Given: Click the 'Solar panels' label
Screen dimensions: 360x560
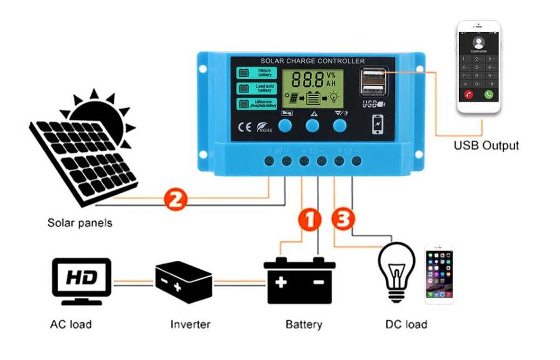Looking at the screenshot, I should [80, 223].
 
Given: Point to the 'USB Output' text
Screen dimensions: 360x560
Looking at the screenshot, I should [486, 146].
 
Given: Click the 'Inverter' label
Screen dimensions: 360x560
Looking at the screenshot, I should [190, 324].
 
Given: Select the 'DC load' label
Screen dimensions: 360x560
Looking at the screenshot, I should [406, 324].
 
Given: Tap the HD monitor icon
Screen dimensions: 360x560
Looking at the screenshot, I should [81, 278].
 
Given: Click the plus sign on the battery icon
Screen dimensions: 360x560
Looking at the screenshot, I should [281, 282].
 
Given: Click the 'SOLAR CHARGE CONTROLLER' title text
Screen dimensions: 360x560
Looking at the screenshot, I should [312, 61].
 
